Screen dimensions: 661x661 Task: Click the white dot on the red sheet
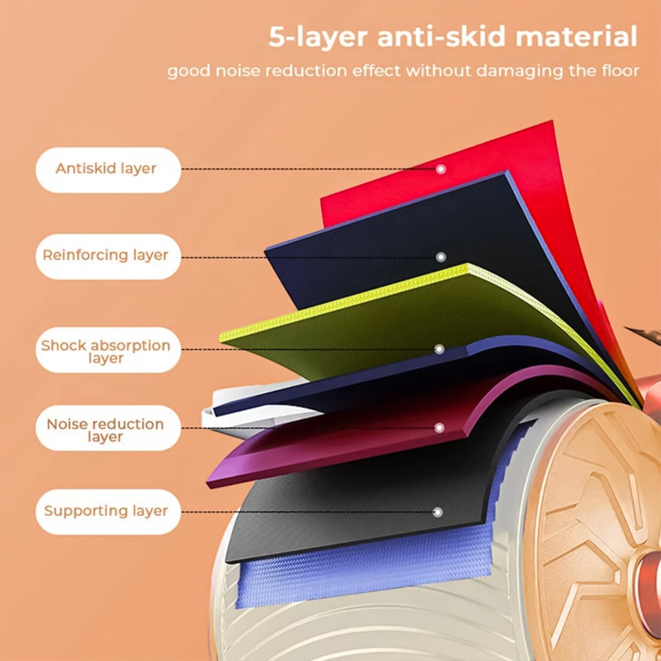(441, 169)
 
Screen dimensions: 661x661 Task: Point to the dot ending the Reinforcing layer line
(441, 257)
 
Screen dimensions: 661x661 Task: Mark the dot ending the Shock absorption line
(439, 349)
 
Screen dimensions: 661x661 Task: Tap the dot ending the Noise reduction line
(439, 427)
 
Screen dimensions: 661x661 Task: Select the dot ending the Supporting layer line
(438, 512)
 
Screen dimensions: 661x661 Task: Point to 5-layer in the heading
(318, 37)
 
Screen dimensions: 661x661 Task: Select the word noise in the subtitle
(238, 71)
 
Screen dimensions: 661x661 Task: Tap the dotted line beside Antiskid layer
(308, 169)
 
